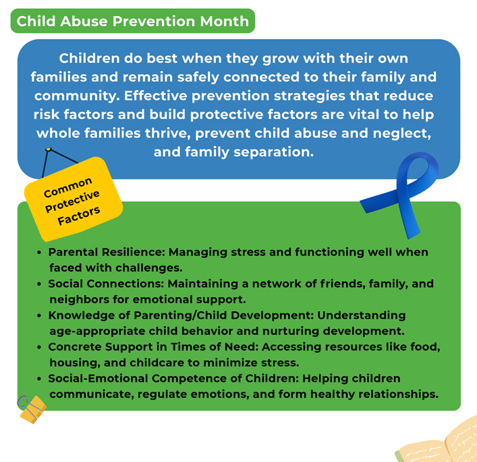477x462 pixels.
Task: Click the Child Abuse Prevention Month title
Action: (x=132, y=21)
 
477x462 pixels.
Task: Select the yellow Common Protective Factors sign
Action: (x=73, y=199)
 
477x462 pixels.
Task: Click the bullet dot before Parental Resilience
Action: (x=39, y=253)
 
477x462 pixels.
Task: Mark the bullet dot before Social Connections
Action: (x=39, y=284)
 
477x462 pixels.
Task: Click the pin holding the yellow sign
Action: (x=48, y=149)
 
